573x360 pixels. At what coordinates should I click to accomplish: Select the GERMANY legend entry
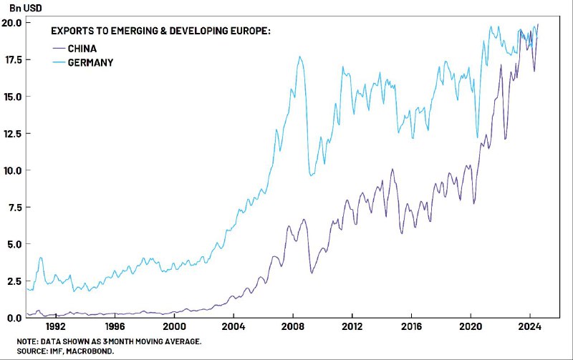click(x=91, y=62)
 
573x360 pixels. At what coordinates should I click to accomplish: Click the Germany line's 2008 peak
click(x=299, y=57)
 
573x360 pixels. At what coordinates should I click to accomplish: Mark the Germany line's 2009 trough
click(x=311, y=175)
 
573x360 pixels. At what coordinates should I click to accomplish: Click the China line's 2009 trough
click(x=312, y=273)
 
